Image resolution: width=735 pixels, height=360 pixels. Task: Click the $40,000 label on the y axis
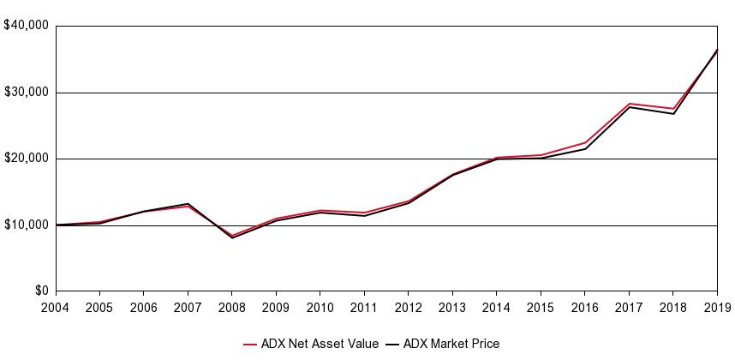(x=26, y=26)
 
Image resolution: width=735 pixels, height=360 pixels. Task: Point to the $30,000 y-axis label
(x=26, y=92)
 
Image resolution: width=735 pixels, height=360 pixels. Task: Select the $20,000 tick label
(x=26, y=159)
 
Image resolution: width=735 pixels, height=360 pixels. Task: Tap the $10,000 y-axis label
(x=26, y=225)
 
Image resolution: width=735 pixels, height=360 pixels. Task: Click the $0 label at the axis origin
(x=39, y=291)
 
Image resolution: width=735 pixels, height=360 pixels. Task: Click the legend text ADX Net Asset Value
(x=320, y=344)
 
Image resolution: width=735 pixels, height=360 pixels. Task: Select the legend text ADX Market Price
(x=451, y=344)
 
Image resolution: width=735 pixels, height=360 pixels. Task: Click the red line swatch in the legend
(x=251, y=345)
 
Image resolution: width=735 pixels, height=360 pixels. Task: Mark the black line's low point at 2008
(x=232, y=237)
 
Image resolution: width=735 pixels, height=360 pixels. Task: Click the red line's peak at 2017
(x=629, y=104)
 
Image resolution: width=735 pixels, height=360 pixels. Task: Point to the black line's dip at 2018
(x=673, y=114)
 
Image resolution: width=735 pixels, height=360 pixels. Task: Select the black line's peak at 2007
(x=188, y=204)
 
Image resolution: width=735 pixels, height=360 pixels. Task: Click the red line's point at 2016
(x=585, y=142)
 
